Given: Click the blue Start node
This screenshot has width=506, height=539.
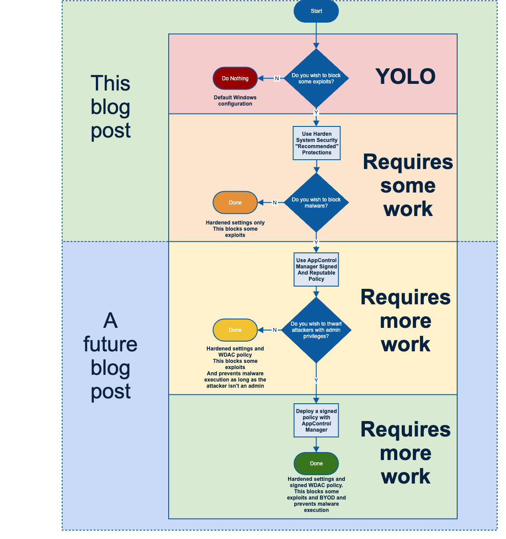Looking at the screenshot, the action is point(316,11).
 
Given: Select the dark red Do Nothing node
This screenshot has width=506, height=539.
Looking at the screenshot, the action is point(235,79).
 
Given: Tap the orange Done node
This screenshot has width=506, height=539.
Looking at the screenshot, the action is point(235,202).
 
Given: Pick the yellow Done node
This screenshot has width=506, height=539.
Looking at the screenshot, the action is point(235,330).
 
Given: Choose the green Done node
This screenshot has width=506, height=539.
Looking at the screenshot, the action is point(316,463).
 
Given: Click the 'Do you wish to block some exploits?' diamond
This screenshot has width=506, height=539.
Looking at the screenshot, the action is point(316,79).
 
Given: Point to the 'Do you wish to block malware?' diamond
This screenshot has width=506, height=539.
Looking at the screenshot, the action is point(316,202).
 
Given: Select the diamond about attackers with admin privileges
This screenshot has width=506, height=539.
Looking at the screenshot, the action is point(316,330).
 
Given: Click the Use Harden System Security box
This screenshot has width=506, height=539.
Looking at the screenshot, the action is point(316,143).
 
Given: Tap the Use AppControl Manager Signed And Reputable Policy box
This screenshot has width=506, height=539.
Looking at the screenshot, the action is point(316,270).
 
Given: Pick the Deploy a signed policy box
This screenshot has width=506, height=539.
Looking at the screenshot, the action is point(316,420).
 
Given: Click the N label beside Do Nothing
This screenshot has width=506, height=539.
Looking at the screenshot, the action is point(277,79).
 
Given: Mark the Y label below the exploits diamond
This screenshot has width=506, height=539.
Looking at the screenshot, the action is point(316,112).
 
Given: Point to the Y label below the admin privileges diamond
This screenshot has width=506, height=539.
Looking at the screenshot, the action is point(316,380).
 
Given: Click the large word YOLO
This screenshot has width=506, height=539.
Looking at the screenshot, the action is point(405,77).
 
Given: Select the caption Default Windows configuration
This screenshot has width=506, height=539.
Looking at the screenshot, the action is point(235,100).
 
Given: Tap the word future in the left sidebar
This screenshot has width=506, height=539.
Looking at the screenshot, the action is point(110,344).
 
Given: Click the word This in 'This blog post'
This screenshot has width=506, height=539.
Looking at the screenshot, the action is point(110,83).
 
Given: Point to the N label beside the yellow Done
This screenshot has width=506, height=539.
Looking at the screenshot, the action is point(275,330).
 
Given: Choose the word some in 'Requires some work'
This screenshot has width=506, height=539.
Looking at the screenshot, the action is point(407,186).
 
